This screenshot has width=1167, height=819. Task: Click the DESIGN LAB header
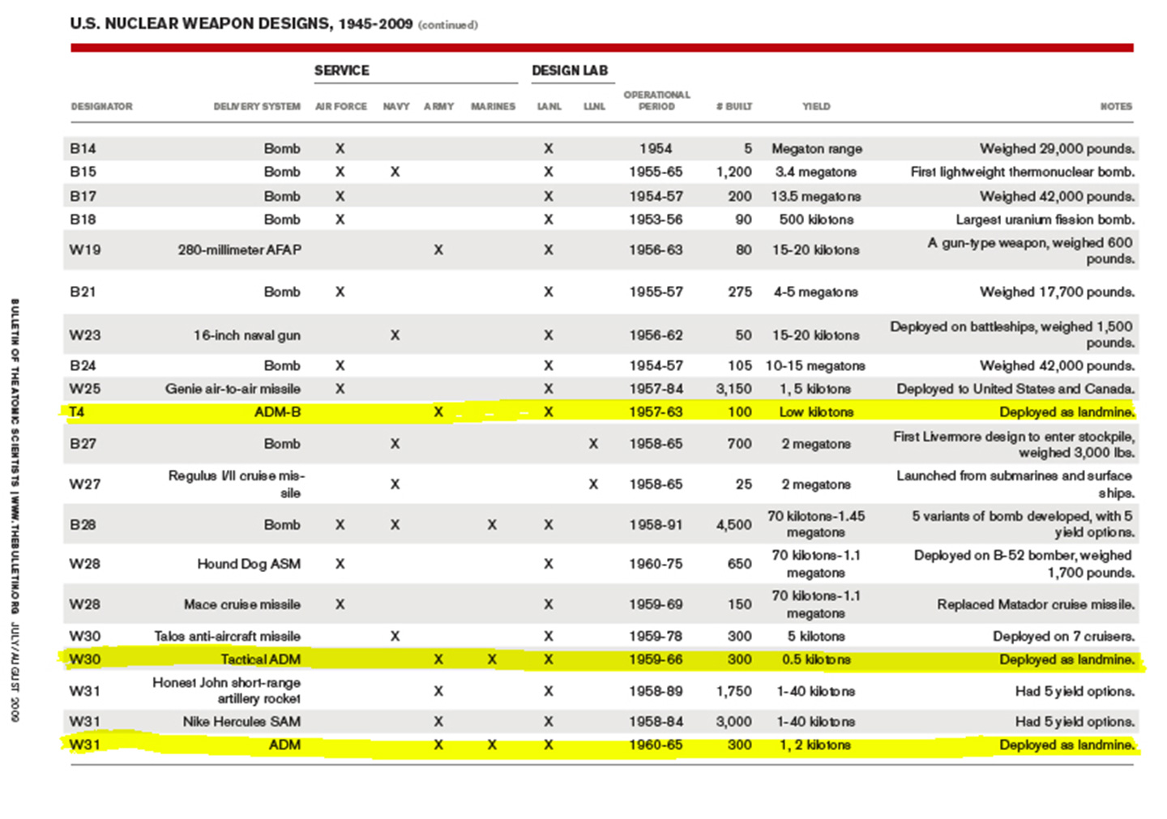pyautogui.click(x=570, y=70)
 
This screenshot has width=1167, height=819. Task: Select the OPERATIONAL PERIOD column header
pyautogui.click(x=656, y=100)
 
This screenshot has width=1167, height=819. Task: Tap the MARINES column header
pyautogui.click(x=493, y=106)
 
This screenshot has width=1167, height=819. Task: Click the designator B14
pyautogui.click(x=83, y=148)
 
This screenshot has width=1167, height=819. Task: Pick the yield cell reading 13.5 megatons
pyautogui.click(x=815, y=196)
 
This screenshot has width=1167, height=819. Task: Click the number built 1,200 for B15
pyautogui.click(x=733, y=172)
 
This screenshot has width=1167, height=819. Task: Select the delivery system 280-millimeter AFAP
pyautogui.click(x=239, y=250)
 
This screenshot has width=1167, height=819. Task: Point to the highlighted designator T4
pyautogui.click(x=76, y=412)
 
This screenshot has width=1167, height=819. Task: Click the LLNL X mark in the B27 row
pyautogui.click(x=593, y=444)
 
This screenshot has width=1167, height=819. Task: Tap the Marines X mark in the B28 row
pyautogui.click(x=492, y=525)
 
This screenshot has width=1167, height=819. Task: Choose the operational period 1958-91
pyautogui.click(x=656, y=525)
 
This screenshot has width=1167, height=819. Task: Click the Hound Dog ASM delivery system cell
pyautogui.click(x=249, y=564)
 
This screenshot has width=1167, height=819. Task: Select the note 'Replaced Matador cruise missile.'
pyautogui.click(x=1036, y=604)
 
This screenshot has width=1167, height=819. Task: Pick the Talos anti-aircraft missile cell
pyautogui.click(x=227, y=636)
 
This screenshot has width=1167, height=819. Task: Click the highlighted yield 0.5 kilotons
pyautogui.click(x=816, y=659)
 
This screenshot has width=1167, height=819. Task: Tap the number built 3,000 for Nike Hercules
pyautogui.click(x=733, y=721)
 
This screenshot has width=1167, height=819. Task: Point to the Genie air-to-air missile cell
pyautogui.click(x=233, y=389)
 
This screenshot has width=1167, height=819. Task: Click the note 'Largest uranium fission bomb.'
pyautogui.click(x=1045, y=220)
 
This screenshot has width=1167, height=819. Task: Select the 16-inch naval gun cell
pyautogui.click(x=246, y=335)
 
